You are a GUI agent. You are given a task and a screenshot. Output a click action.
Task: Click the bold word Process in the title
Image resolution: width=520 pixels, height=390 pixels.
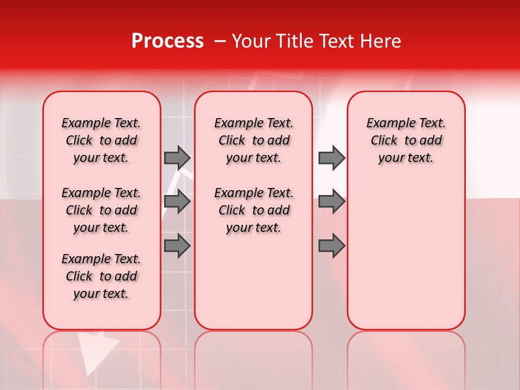[167, 41]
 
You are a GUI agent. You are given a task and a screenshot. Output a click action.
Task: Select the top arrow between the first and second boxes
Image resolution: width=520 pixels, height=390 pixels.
[177, 158]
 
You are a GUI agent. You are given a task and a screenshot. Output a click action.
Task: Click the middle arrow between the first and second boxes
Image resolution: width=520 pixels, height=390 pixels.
[177, 201]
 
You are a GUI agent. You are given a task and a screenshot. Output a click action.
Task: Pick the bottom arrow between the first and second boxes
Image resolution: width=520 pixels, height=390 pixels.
[177, 246]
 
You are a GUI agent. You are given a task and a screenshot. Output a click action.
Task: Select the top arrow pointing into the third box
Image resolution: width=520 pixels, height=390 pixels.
[331, 158]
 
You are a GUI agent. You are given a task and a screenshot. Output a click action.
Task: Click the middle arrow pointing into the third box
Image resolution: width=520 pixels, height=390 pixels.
[331, 201]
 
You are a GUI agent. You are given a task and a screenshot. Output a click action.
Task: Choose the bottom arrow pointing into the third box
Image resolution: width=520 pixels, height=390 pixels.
[331, 246]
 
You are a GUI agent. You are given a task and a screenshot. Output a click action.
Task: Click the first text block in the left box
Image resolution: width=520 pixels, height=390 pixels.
[101, 140]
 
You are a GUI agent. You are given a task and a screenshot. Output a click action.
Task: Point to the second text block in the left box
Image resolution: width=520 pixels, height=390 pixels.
[101, 210]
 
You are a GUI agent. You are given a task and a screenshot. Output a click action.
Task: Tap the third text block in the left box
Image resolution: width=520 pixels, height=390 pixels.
[101, 276]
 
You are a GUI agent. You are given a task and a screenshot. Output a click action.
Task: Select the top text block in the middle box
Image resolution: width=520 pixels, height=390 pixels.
[253, 140]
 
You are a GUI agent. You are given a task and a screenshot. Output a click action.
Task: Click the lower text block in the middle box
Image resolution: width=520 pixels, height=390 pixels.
[253, 210]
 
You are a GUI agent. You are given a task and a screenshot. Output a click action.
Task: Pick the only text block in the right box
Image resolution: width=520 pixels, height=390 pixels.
[406, 140]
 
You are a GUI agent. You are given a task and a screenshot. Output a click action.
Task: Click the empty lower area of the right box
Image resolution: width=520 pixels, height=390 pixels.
[406, 260]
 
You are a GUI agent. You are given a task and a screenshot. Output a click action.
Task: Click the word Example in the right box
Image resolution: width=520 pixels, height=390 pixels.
[388, 123]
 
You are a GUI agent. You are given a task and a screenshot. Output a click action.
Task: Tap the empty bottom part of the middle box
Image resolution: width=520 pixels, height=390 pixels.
[253, 287]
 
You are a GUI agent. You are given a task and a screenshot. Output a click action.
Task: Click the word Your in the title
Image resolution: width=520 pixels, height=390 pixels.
[250, 41]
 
